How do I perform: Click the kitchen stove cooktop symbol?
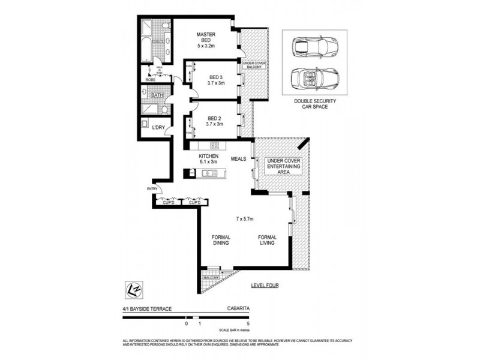click(x=214, y=145)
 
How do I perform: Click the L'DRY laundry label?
click(x=158, y=127)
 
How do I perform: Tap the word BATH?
click(x=157, y=95)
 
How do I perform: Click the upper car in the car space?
click(x=314, y=46)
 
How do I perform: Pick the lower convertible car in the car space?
click(x=314, y=78)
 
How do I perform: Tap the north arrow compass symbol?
click(x=132, y=288)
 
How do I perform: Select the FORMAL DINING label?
click(x=221, y=240)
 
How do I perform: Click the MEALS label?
click(x=238, y=159)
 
